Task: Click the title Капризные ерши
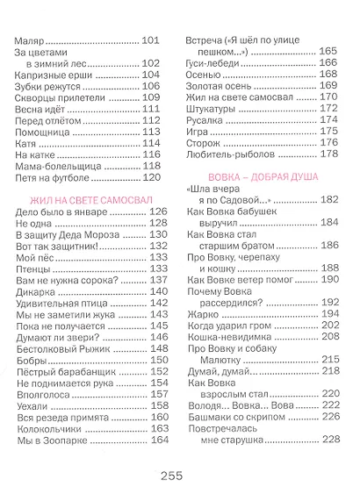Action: click(54, 75)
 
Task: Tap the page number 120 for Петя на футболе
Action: click(155, 177)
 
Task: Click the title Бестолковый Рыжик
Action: click(62, 348)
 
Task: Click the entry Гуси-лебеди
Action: click(211, 63)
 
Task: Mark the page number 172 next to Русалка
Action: click(328, 120)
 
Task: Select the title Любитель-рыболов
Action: click(229, 154)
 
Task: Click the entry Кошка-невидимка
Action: click(231, 337)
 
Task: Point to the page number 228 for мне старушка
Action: click(328, 440)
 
